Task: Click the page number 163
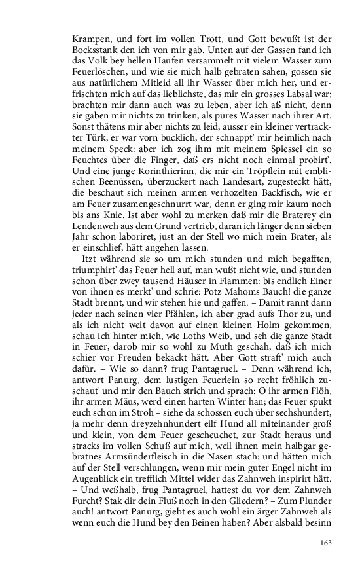pos(327,542)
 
